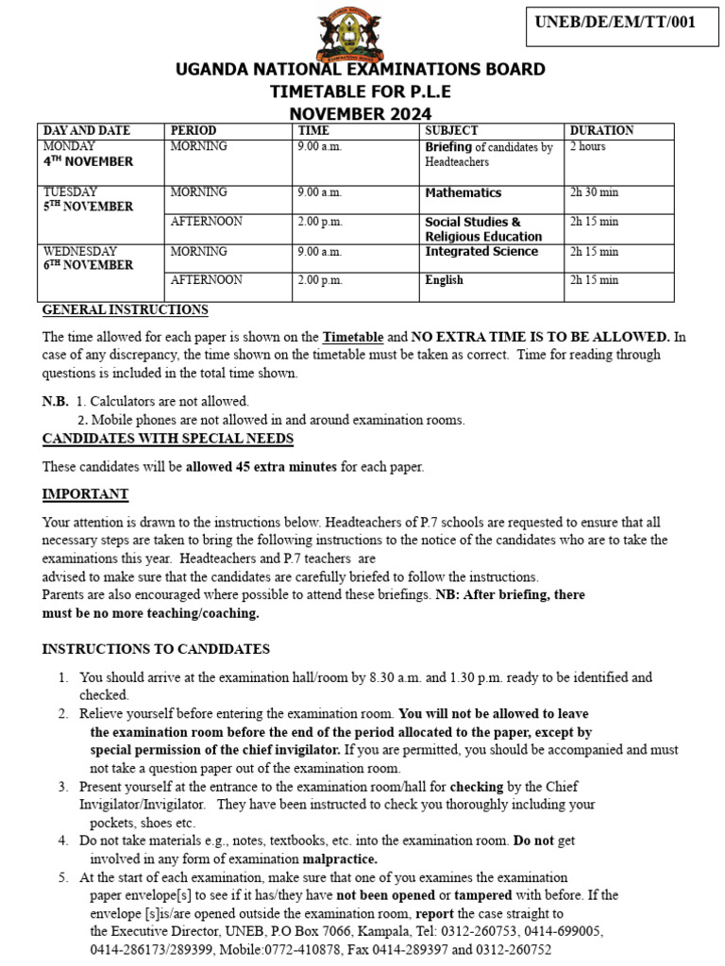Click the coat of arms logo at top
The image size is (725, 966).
351,32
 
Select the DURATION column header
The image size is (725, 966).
601,130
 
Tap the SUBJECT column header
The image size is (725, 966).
451,130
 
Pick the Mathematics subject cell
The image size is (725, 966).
463,192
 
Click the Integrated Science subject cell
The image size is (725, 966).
481,252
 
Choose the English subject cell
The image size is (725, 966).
444,280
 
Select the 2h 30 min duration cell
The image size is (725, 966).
594,192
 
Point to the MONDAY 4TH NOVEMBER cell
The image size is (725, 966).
88,154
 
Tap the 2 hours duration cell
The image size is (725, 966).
587,147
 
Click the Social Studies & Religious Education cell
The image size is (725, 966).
483,229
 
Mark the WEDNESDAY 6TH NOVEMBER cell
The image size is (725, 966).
88,258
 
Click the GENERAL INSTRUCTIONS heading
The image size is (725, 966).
126,310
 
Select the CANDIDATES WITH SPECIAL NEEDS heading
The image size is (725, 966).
168,439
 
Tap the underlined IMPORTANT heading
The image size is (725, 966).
85,494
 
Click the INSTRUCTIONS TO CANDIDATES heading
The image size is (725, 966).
156,649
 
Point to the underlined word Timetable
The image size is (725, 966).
353,337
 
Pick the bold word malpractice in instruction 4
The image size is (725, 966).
340,858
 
